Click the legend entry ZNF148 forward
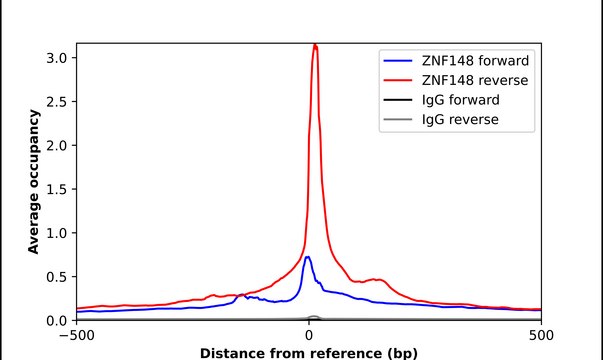475,61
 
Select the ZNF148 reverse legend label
475,80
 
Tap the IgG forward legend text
461,100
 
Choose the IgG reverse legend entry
460,120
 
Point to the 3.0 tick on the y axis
57,58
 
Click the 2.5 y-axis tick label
57,102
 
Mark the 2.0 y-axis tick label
57,146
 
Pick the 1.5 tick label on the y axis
57,190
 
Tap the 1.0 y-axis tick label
57,233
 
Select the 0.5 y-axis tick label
57,277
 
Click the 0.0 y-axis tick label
57,321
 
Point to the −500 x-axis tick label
77,336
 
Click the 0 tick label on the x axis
309,336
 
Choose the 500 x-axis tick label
541,336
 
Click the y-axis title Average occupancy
33,182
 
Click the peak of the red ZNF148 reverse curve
315,45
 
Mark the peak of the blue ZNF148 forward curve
307,257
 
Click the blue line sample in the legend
398,61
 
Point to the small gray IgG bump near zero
314,317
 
